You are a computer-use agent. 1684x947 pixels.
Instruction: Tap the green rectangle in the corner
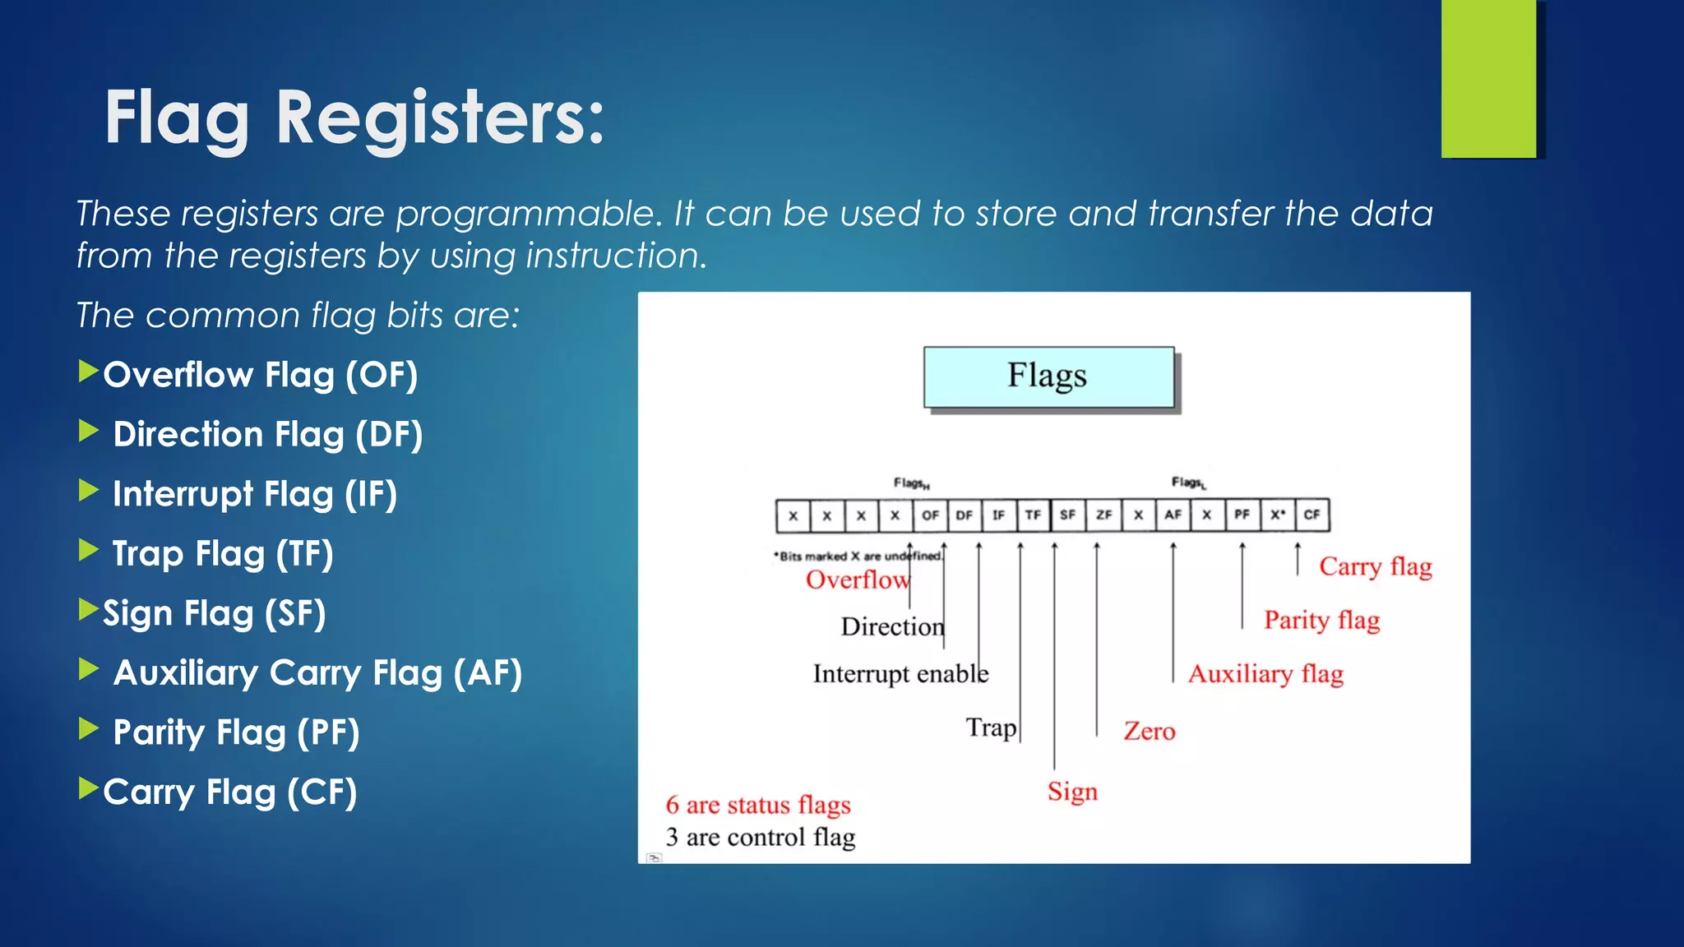click(x=1487, y=79)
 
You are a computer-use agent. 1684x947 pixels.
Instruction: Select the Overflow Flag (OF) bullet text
click(x=260, y=375)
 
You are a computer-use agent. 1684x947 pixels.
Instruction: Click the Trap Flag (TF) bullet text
click(x=222, y=553)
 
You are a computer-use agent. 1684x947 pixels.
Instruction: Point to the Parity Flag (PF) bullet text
click(x=236, y=732)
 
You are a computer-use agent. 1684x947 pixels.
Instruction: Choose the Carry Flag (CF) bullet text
click(x=229, y=792)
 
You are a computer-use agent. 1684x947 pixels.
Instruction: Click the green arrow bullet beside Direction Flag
click(x=88, y=431)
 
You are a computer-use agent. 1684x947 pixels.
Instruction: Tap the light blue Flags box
click(x=1048, y=376)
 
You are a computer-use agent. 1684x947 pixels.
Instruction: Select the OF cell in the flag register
click(x=930, y=515)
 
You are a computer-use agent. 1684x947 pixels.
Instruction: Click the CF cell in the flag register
click(x=1312, y=515)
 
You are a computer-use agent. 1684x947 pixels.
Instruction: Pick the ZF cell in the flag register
click(x=1103, y=515)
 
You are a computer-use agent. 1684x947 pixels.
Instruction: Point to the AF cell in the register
click(x=1173, y=515)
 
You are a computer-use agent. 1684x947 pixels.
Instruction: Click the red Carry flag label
click(x=1375, y=566)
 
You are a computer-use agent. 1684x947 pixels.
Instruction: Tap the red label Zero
click(x=1149, y=731)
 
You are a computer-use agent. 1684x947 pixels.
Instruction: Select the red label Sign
click(x=1072, y=792)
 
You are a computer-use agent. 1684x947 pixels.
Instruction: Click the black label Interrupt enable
click(x=900, y=674)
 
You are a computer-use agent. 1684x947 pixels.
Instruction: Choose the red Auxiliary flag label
click(x=1265, y=674)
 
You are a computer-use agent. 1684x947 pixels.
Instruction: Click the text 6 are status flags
click(x=757, y=805)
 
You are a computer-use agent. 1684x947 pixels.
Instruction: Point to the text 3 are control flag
click(x=760, y=837)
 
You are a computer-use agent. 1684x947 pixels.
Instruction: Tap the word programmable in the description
click(x=529, y=214)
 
